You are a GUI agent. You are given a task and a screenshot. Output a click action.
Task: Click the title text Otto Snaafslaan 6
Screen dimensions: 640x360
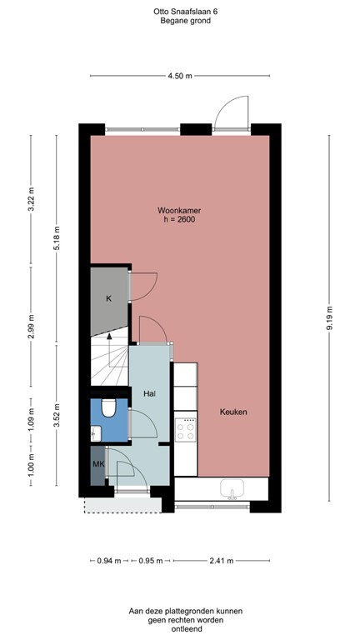tap(179, 11)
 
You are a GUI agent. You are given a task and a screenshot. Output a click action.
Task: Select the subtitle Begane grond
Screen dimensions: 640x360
tap(179, 21)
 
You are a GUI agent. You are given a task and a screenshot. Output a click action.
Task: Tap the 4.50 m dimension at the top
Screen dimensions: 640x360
tap(179, 76)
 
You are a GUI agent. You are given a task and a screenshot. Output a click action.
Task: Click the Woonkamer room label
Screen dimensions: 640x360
tap(179, 210)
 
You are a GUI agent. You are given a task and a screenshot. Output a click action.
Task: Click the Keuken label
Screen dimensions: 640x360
tap(233, 412)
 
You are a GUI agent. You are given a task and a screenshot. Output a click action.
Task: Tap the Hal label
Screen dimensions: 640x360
tap(150, 393)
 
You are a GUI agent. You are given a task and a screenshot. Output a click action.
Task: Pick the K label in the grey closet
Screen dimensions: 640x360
tap(108, 298)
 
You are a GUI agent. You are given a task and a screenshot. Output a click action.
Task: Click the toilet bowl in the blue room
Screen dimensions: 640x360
tap(107, 408)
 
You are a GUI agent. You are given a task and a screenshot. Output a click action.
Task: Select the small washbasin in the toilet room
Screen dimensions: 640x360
tap(95, 432)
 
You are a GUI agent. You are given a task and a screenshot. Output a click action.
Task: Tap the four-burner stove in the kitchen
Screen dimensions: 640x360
tap(185, 430)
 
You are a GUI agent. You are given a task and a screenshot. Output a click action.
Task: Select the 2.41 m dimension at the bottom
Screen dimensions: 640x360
tap(221, 560)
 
